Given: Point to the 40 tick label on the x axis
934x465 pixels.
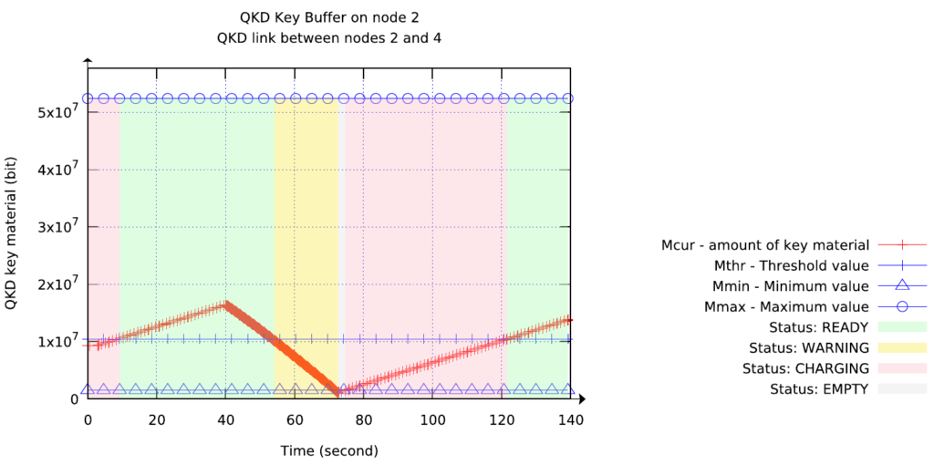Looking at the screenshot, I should tap(225, 419).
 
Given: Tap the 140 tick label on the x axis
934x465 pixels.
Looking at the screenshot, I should tap(570, 419).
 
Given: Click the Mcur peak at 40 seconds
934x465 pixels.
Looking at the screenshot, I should tap(225, 305).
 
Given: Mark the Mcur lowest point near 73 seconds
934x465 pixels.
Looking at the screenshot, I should tap(338, 393).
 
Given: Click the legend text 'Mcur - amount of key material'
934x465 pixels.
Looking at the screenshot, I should tap(765, 245).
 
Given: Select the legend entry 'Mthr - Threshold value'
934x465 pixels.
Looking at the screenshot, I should tap(791, 266).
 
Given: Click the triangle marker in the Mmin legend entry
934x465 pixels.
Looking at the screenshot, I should tap(902, 286).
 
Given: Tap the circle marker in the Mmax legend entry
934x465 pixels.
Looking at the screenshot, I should tap(902, 307).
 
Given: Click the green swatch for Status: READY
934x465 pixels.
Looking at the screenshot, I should tap(901, 326).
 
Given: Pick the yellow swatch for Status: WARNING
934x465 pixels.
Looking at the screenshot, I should tap(901, 347).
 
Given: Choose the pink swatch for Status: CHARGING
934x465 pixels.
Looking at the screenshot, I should tap(901, 368).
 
